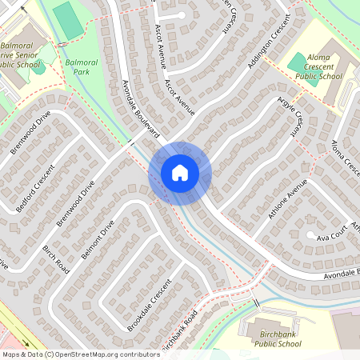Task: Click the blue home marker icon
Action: click(x=179, y=173)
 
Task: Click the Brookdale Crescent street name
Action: click(x=149, y=306)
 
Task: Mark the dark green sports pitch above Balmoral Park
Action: click(x=68, y=21)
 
